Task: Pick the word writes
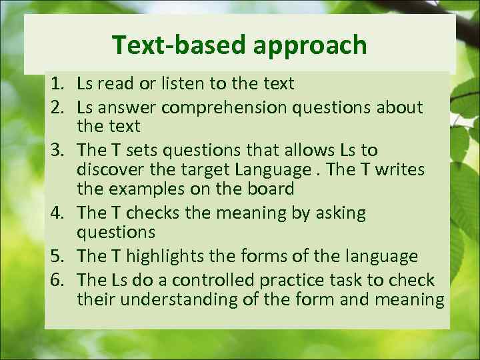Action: click(x=400, y=170)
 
